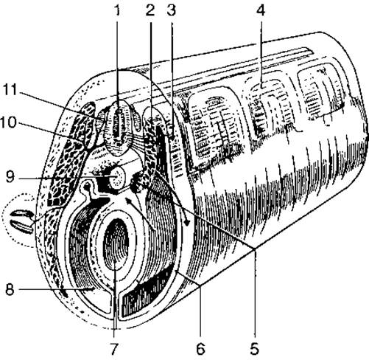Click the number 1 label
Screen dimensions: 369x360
[118, 10]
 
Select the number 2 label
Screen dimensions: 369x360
[150, 10]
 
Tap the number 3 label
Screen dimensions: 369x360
[172, 10]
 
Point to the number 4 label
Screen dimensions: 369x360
[261, 10]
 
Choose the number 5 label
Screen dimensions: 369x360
[255, 349]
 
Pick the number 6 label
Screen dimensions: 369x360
[200, 349]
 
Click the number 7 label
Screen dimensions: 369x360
[113, 349]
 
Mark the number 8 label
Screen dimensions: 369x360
[10, 290]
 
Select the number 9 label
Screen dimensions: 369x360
[10, 176]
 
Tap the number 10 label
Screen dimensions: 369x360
[8, 122]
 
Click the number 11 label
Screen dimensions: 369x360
[10, 89]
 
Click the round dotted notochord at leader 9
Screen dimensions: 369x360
[118, 177]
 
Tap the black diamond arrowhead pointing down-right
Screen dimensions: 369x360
[187, 223]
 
